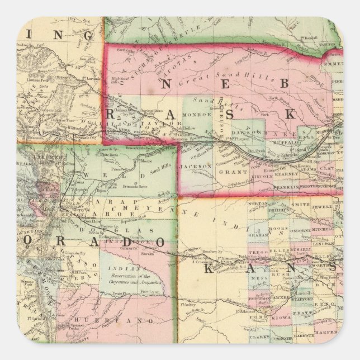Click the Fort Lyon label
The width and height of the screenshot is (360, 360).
(x=152, y=292)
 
